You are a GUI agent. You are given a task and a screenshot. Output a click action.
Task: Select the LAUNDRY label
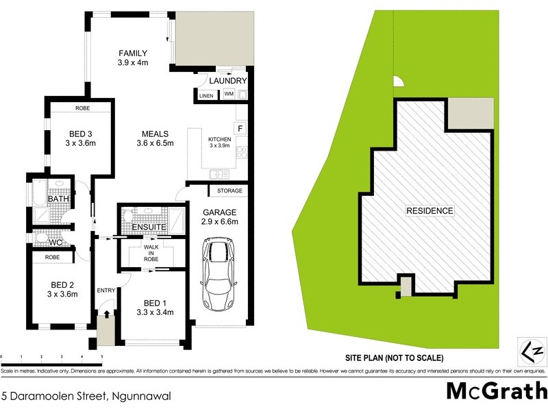227,81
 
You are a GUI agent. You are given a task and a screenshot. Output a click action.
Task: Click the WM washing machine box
229,94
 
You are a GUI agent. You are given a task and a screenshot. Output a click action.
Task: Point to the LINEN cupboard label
206,95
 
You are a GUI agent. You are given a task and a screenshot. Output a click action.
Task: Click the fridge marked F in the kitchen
240,127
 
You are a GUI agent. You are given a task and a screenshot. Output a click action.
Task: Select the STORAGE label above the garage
229,190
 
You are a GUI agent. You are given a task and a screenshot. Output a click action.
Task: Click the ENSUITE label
149,227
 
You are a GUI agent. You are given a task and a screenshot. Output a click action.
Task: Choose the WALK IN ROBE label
151,253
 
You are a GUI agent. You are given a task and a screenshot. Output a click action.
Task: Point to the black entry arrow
106,313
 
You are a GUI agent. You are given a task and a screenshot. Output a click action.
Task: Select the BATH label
57,199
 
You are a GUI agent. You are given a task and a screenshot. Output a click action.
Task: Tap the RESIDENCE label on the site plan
429,211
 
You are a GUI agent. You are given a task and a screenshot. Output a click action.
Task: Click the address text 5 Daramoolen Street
86,395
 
